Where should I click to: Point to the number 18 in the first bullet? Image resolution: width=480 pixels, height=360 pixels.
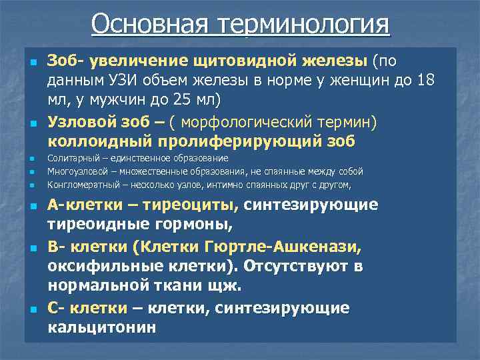pyautogui.click(x=426, y=81)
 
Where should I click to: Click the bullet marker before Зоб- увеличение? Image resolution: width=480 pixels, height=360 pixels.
pyautogui.click(x=31, y=63)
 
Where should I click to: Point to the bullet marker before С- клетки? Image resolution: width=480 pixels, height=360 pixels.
pyautogui.click(x=31, y=309)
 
